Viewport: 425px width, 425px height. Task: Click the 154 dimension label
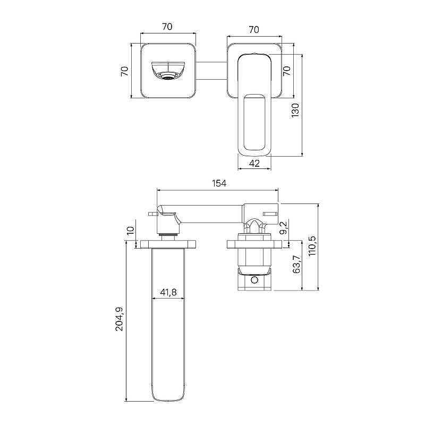point(219,183)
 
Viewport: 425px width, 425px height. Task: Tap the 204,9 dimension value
point(119,319)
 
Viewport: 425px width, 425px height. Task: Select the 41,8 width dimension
point(168,292)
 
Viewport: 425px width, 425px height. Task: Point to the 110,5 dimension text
point(312,246)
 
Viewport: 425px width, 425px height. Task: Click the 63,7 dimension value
point(297,264)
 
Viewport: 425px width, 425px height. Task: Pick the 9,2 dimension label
point(283,228)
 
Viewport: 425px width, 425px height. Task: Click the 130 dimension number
point(295,110)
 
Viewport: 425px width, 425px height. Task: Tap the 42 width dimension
point(254,164)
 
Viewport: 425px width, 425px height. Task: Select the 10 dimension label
point(130,231)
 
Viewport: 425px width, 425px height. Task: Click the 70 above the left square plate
point(167,27)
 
